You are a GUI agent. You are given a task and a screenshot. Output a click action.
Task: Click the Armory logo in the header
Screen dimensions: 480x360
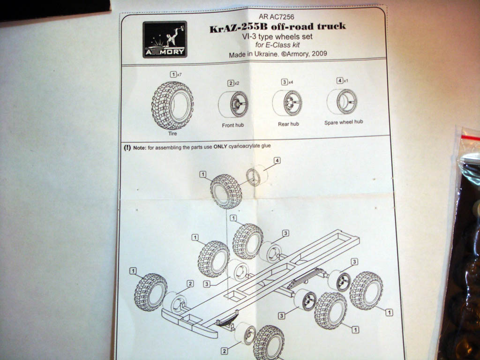[x=165, y=39]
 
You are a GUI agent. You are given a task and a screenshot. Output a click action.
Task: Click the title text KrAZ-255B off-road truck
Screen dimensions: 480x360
[x=277, y=26]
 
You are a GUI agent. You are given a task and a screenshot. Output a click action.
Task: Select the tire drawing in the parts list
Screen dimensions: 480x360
[x=172, y=105]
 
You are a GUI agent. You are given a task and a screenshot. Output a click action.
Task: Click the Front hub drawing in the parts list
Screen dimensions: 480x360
[x=233, y=104]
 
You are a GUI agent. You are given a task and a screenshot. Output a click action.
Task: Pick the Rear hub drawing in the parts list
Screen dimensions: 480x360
[x=287, y=103]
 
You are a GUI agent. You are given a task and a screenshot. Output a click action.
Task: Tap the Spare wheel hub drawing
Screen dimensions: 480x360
[x=342, y=101]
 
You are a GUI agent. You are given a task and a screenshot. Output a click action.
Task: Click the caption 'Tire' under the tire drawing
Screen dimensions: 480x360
[x=172, y=134]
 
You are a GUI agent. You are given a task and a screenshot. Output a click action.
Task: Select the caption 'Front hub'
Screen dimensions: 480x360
[x=233, y=126]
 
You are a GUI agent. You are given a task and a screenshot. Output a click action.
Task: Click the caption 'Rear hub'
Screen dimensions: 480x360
[x=288, y=124]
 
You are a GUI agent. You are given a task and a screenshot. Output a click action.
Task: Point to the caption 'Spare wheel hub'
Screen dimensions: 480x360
[x=344, y=122]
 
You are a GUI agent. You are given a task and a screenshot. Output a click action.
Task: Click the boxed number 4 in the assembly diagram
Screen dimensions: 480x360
[x=277, y=161]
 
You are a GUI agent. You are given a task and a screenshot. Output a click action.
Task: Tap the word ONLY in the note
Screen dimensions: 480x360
[x=220, y=146]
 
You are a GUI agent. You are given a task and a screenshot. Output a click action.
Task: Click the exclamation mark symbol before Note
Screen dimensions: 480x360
[x=127, y=147]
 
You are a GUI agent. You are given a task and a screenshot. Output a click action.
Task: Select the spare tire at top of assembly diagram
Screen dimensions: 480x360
[x=226, y=191]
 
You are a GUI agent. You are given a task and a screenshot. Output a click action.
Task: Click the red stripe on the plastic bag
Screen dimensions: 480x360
[x=470, y=138]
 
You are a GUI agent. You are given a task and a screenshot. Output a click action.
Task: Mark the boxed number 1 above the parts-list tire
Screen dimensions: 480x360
[x=173, y=74]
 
